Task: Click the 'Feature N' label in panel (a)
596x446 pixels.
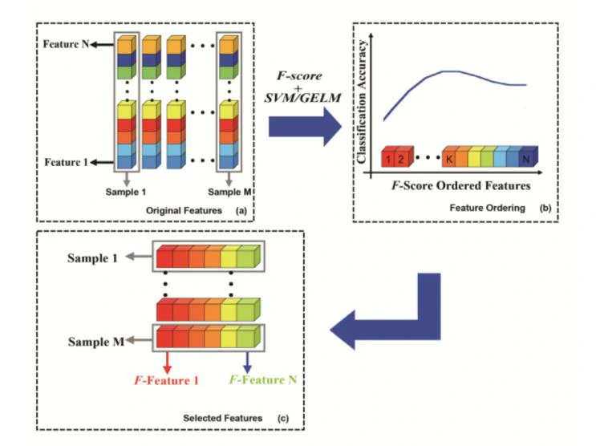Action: (x=66, y=44)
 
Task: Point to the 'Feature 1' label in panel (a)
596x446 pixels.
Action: (x=66, y=162)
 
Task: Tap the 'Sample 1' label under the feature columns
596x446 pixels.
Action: (x=126, y=192)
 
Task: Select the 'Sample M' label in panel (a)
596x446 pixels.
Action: (x=229, y=192)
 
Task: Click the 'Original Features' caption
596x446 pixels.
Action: (x=184, y=211)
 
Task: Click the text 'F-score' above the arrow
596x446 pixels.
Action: (x=299, y=75)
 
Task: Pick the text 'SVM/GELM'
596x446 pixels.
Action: (x=302, y=98)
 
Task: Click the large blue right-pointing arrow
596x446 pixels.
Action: (x=306, y=127)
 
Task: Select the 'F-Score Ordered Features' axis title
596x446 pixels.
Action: (x=461, y=185)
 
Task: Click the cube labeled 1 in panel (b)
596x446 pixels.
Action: (x=388, y=157)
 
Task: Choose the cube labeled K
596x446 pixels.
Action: (x=449, y=157)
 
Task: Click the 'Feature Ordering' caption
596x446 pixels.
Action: (x=487, y=208)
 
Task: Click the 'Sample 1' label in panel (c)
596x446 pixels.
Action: (x=92, y=258)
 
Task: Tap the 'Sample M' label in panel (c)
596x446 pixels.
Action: (x=96, y=342)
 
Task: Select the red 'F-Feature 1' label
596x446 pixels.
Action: (x=167, y=380)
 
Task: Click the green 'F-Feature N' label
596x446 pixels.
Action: (x=262, y=380)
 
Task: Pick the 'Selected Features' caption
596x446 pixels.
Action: (x=223, y=418)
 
